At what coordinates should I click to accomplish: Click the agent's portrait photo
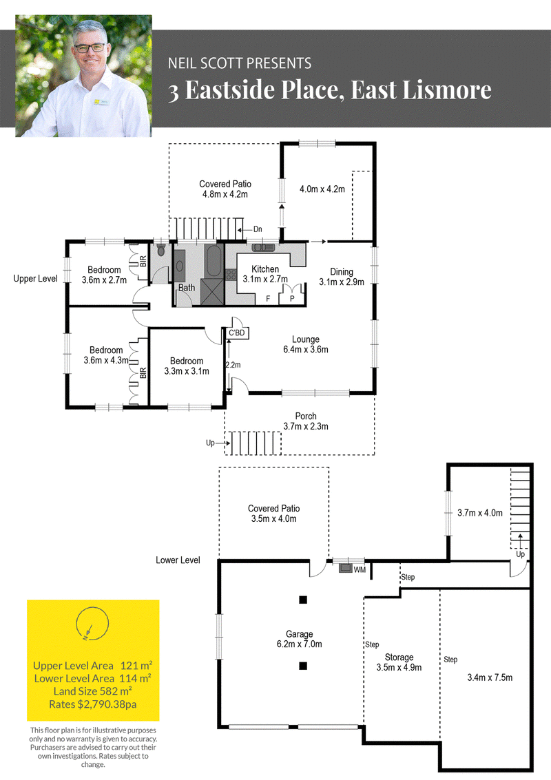pos(83,76)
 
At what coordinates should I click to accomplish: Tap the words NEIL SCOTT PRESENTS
pos(240,63)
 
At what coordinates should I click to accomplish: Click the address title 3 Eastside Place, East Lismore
pos(329,90)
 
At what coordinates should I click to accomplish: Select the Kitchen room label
pos(264,269)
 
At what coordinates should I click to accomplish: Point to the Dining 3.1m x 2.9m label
pos(342,277)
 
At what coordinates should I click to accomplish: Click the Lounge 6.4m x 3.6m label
pos(306,344)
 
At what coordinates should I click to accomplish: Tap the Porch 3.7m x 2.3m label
pos(306,421)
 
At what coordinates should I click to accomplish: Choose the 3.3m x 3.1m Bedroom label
pos(187,366)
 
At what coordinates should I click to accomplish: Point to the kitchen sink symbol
pos(263,247)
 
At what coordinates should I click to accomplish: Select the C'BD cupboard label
pos(237,333)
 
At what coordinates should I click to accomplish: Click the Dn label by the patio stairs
pos(258,229)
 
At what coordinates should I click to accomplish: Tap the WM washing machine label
pos(360,569)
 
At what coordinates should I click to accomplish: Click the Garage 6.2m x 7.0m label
pos(299,640)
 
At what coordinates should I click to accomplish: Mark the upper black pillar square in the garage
pos(302,600)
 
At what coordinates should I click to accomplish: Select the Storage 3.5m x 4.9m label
pos(399,662)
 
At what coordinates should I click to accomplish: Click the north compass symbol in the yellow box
pos(92,623)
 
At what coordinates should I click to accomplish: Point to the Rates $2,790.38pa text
pos(92,704)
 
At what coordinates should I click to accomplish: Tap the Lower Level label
pos(178,560)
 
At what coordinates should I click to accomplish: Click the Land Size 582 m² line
pos(92,691)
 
